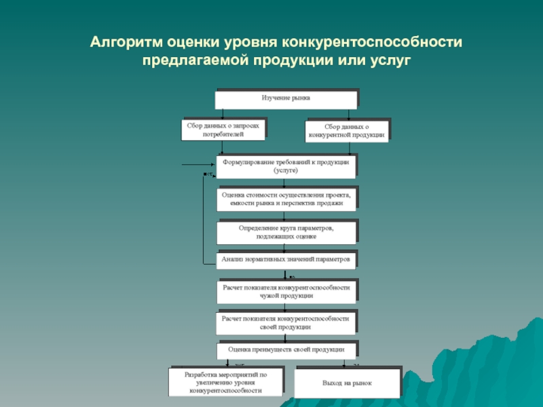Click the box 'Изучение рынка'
[286, 98]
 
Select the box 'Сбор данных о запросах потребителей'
[223, 130]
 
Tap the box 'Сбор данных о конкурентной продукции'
[347, 131]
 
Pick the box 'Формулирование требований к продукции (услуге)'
[286, 167]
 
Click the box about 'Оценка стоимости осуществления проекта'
[286, 198]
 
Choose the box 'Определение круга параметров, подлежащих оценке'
[286, 233]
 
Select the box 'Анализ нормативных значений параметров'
[286, 260]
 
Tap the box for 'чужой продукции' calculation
[286, 292]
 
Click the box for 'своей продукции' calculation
[286, 322]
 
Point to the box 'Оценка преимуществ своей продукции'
[286, 350]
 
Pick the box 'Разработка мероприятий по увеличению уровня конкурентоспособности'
[225, 383]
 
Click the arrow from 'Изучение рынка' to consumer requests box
[223, 113]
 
